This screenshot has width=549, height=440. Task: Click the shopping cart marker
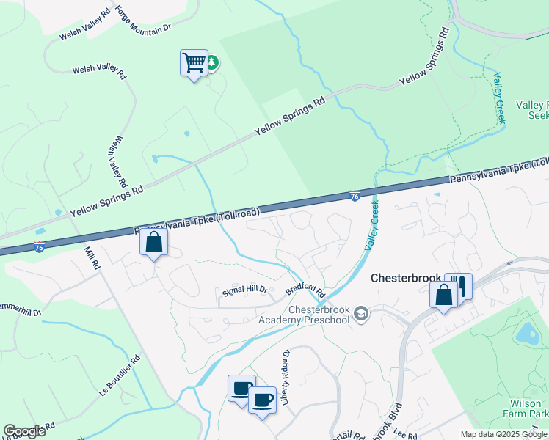194,63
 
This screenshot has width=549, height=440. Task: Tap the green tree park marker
212,63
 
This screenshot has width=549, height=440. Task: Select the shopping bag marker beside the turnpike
154,243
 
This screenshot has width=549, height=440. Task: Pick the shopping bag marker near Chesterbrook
443,295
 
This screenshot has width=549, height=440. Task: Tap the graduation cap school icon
360,314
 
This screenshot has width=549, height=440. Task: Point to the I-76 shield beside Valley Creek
355,196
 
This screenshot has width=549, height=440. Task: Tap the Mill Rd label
92,259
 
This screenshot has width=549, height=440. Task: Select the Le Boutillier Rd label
120,377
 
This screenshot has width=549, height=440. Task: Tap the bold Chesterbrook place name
406,279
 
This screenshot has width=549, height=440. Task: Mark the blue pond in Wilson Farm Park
528,334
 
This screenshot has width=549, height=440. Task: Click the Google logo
24,431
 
